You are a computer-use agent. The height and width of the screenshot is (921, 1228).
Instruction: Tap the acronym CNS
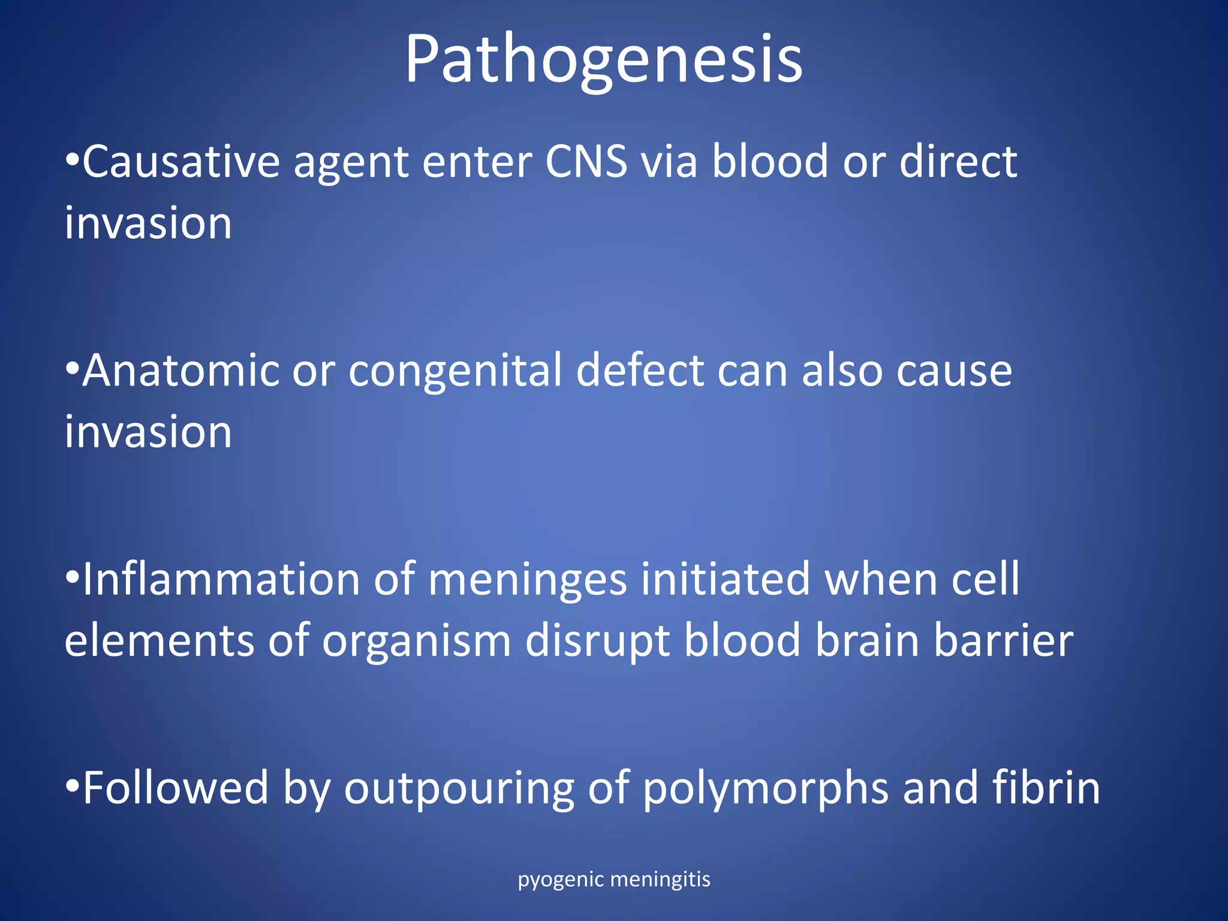coord(586,162)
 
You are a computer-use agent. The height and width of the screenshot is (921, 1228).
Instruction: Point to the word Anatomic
coord(180,371)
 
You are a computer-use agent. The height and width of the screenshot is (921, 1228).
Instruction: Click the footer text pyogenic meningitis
coord(613,880)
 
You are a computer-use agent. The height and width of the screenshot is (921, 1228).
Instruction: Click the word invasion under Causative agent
coord(148,223)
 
